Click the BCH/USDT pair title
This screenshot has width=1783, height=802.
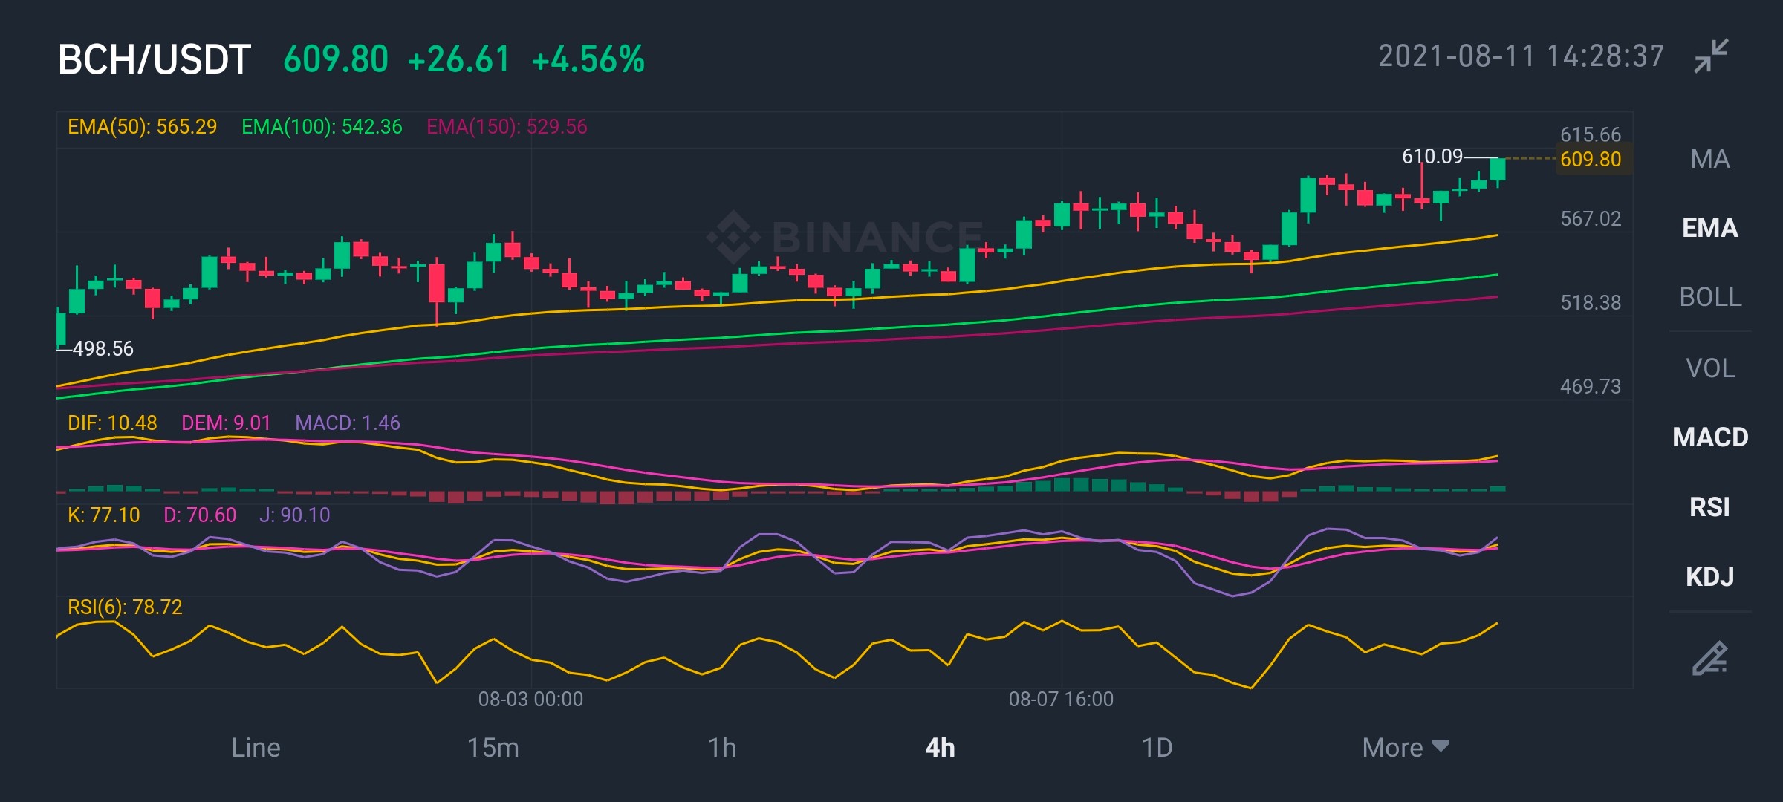[155, 59]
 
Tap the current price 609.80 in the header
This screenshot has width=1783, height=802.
[336, 59]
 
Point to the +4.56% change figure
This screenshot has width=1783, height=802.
[588, 59]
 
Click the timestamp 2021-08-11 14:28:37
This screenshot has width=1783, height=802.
[1521, 56]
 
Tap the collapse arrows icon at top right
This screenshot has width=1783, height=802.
[1711, 56]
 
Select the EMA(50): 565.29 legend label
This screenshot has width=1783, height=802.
[143, 127]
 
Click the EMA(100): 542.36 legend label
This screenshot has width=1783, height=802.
[322, 127]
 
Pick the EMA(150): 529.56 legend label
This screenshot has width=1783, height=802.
[507, 127]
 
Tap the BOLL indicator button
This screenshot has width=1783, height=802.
[1710, 297]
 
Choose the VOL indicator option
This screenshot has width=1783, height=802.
[1710, 368]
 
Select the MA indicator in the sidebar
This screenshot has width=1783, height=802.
[1710, 159]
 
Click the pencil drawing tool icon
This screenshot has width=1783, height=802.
[1710, 658]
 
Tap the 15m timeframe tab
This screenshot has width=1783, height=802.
[493, 748]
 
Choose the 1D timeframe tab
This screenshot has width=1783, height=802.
[1157, 748]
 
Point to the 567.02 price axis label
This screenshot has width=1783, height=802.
[1591, 218]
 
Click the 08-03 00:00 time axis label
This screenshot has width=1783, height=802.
[530, 699]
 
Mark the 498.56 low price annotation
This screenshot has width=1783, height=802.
[103, 348]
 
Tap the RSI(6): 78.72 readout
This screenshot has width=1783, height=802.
[125, 607]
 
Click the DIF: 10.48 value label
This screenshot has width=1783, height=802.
[112, 423]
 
